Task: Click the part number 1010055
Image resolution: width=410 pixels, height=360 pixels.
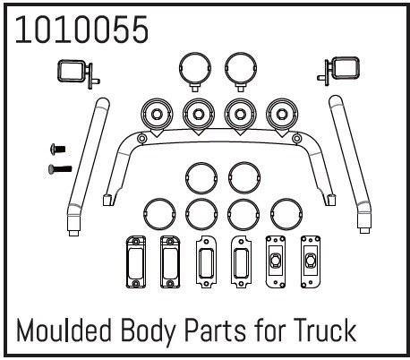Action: tap(81, 30)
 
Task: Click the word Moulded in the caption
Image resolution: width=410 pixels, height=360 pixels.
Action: tap(64, 330)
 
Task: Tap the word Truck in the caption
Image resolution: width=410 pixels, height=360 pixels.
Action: tap(325, 330)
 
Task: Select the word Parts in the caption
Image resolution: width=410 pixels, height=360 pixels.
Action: tap(215, 330)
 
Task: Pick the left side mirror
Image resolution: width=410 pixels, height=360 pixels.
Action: tap(78, 73)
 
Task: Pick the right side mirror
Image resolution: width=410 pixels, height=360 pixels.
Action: tap(338, 71)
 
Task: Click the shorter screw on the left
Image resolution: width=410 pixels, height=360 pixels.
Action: tap(58, 149)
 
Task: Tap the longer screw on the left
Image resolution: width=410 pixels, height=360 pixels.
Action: tap(60, 169)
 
